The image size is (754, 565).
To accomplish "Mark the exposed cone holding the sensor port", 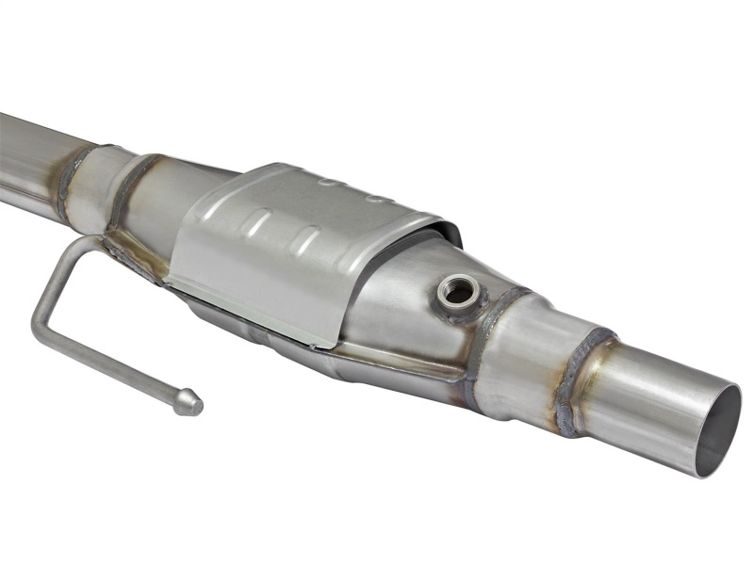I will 405,301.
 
